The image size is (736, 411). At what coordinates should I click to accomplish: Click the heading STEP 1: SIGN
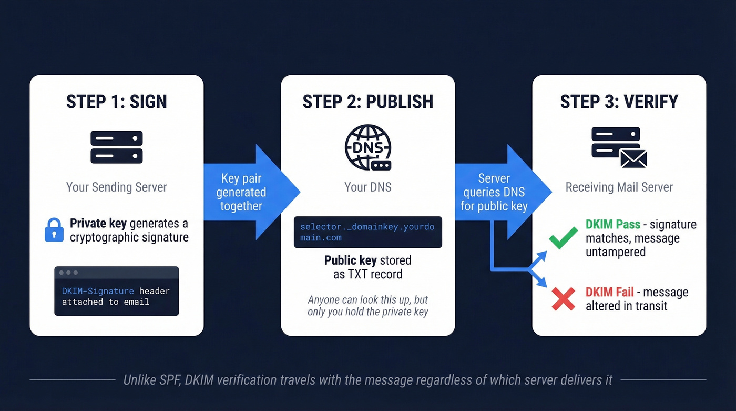[116, 102]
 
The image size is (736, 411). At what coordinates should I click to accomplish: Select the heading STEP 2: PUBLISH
[367, 102]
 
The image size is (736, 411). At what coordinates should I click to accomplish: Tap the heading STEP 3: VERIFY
[619, 102]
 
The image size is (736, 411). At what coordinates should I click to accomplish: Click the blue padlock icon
[54, 230]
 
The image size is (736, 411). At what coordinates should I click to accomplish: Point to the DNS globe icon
[367, 147]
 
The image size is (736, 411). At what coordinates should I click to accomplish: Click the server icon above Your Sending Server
[116, 147]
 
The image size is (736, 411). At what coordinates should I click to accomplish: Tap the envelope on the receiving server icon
[633, 157]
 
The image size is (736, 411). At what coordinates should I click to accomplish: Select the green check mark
[563, 238]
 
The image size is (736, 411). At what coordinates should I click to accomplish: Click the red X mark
[563, 299]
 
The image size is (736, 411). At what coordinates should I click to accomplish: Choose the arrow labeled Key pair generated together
[247, 192]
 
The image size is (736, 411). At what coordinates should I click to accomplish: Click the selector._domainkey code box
[367, 232]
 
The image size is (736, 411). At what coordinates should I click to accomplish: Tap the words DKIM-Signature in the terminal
[98, 291]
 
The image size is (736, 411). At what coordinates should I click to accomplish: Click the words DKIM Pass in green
[613, 225]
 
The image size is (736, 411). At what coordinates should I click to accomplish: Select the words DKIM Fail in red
[610, 292]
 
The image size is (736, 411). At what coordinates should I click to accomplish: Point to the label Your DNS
[367, 187]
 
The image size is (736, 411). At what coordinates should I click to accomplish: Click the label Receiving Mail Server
[619, 187]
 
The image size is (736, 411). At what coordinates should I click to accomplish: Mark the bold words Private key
[98, 224]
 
